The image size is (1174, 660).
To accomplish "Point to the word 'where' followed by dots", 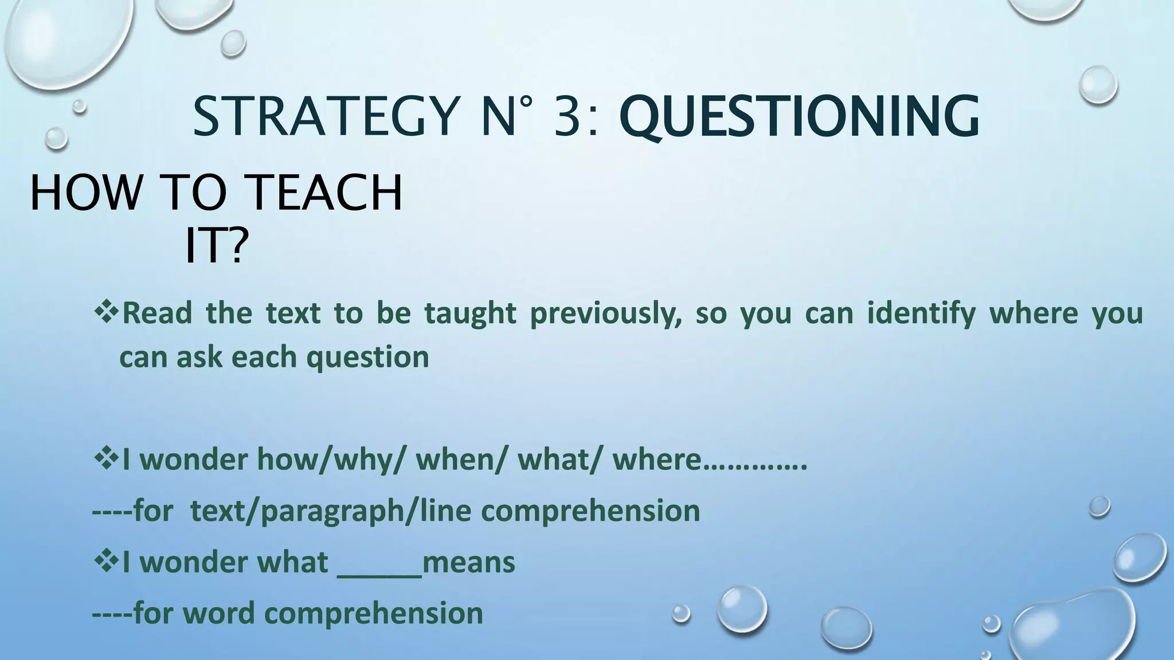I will click(x=657, y=459).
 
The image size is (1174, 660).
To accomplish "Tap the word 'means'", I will click(x=468, y=562).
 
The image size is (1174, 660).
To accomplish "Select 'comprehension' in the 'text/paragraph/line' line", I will click(x=594, y=511).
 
